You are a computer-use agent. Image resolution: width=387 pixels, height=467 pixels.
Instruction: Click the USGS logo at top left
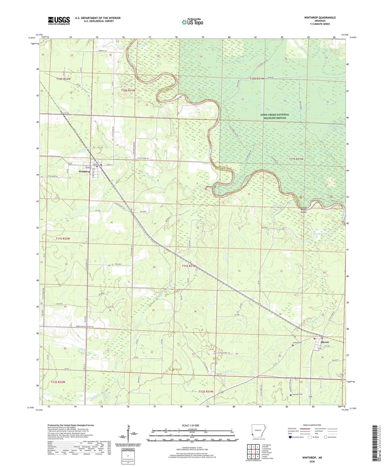[59, 20]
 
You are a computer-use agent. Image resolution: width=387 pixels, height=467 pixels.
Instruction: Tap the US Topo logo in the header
[192, 22]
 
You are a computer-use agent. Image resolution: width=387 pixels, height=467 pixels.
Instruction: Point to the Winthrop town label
[84, 171]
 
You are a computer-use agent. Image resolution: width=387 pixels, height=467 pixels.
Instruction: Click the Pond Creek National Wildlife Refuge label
[275, 116]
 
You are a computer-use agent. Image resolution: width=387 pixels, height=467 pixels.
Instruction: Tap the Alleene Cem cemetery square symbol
[293, 345]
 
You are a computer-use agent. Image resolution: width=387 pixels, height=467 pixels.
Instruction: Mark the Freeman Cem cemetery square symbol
[291, 395]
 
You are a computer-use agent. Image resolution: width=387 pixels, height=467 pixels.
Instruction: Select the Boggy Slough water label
[321, 233]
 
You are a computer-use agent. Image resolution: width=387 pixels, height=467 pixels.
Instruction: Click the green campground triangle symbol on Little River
[215, 187]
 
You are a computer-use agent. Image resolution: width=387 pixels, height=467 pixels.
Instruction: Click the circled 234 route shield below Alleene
[320, 349]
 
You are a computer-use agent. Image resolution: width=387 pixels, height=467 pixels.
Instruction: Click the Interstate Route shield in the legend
[291, 437]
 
